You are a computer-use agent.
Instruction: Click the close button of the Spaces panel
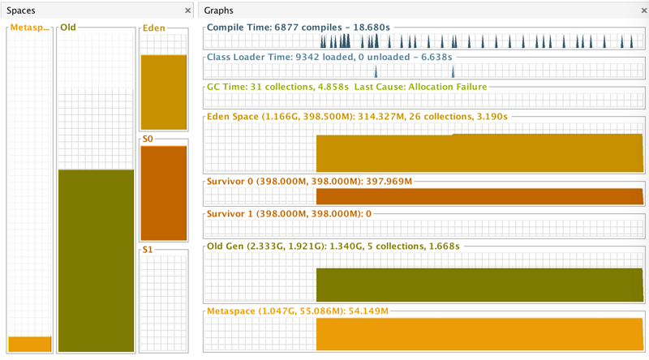click(188, 11)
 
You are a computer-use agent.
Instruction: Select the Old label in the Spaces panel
click(68, 28)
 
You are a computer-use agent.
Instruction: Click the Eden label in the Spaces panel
click(153, 28)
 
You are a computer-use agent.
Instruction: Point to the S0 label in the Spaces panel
click(148, 139)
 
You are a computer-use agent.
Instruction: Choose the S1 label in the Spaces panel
click(148, 251)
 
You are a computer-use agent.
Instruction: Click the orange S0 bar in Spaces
click(164, 193)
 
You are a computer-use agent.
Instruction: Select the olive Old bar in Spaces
click(96, 259)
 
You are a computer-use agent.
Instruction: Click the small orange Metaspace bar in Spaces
click(30, 344)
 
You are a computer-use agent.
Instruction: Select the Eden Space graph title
click(357, 116)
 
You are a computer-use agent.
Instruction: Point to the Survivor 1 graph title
click(290, 213)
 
